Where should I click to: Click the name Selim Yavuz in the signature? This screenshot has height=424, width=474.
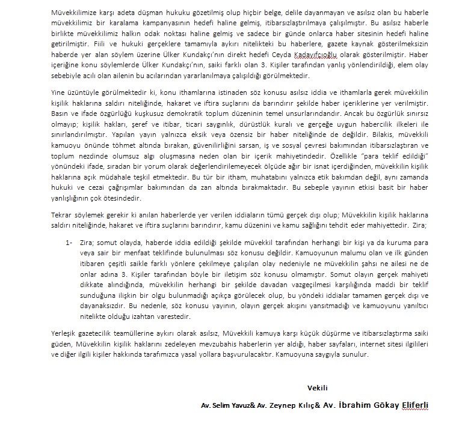pyautogui.click(x=230, y=405)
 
